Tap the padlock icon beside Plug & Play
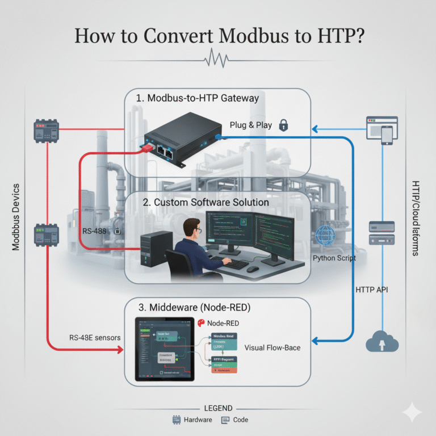(x=284, y=125)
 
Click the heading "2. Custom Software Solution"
(x=203, y=202)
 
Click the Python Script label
(x=334, y=258)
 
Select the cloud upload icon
(x=382, y=341)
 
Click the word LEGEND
(x=217, y=408)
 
